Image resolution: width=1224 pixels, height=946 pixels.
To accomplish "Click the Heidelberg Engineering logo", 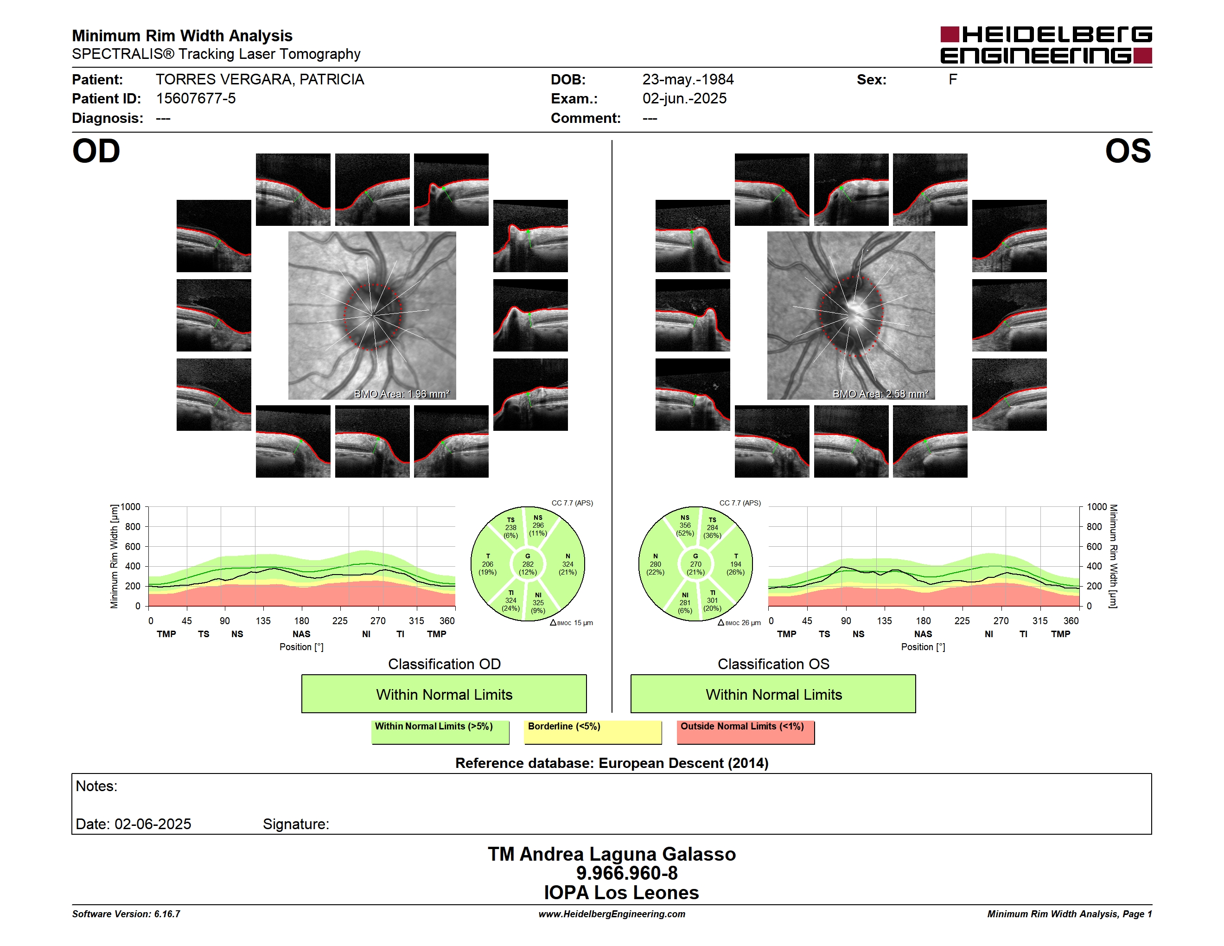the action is (x=1046, y=45).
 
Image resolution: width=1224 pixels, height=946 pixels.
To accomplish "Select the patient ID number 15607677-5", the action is (x=196, y=99).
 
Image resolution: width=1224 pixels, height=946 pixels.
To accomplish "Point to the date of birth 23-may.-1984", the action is (x=688, y=80).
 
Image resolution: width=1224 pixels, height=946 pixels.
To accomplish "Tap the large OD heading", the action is (x=96, y=151).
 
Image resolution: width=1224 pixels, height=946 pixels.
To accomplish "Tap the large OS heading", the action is (x=1128, y=151).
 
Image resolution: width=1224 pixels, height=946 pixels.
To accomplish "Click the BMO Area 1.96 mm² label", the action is (x=401, y=394).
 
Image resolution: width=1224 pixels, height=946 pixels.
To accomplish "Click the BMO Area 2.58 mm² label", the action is (x=880, y=394).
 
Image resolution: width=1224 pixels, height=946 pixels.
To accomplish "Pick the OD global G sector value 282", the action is (x=528, y=564).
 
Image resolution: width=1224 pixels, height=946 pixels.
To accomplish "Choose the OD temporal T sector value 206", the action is (x=488, y=564).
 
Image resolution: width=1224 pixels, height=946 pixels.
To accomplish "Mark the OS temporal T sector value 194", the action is (x=736, y=564).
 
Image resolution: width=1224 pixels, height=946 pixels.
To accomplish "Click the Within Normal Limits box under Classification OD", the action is (x=444, y=694).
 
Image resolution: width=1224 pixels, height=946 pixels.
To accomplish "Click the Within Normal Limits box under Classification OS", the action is (x=773, y=694).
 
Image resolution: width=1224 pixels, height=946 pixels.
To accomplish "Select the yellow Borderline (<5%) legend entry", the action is (x=593, y=732).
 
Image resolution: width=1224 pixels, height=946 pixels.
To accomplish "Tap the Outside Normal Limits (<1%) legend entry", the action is (x=746, y=732).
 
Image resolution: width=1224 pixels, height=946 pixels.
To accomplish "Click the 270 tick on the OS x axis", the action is (x=1001, y=621).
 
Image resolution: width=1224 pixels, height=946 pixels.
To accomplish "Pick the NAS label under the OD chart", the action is (x=301, y=634).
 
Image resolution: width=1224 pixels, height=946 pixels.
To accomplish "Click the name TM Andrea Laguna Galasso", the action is (x=612, y=854).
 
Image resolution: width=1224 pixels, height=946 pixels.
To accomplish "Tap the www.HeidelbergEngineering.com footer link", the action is (x=612, y=914).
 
